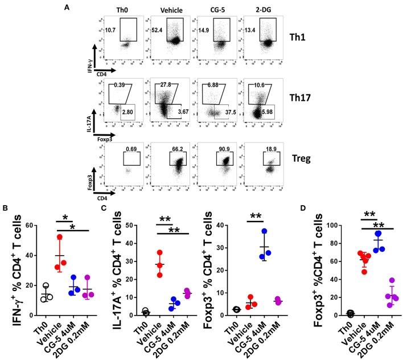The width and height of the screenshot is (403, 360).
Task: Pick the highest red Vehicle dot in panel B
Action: [60, 236]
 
